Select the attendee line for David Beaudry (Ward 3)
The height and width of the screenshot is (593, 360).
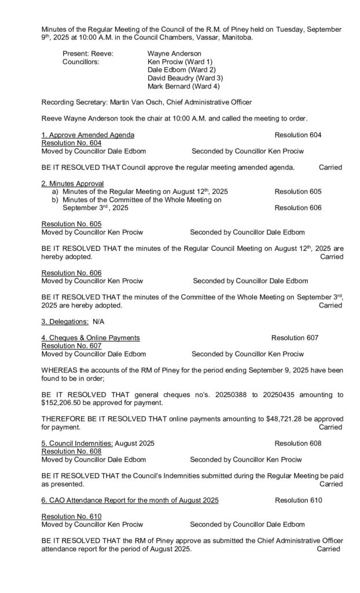click(185, 78)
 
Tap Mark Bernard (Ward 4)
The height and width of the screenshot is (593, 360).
click(181, 86)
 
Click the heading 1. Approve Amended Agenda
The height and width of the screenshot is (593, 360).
click(88, 135)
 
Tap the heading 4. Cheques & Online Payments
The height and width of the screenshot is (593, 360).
click(90, 338)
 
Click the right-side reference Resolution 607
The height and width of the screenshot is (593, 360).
click(295, 338)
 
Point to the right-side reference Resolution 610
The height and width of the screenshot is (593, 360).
click(298, 500)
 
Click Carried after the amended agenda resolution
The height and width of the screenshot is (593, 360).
click(330, 167)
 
